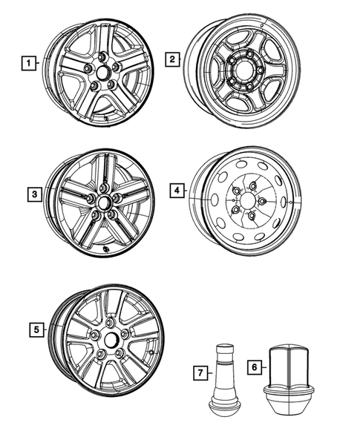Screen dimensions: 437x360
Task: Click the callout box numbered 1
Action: tap(28, 64)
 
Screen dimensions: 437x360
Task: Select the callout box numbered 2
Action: tap(172, 59)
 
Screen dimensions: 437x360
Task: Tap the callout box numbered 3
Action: tap(35, 195)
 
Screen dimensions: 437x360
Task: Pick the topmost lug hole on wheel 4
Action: tap(253, 186)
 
